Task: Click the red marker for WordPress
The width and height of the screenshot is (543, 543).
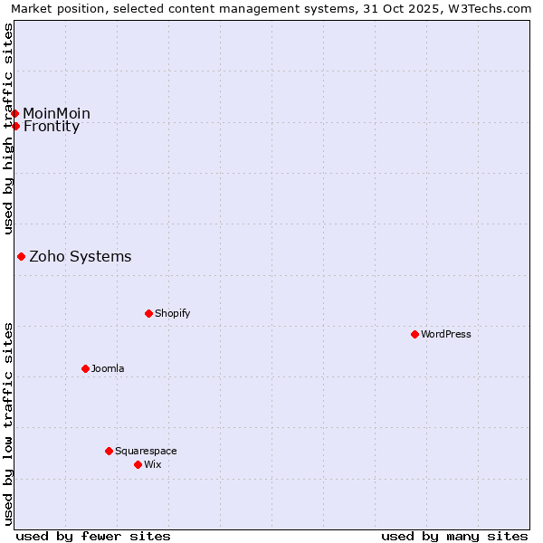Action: [x=414, y=334]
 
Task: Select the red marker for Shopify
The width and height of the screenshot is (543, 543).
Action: [x=148, y=313]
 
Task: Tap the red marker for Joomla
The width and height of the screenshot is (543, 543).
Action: [x=85, y=368]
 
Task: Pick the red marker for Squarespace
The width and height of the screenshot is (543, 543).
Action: [x=109, y=451]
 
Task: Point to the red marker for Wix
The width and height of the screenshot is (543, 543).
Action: [x=138, y=464]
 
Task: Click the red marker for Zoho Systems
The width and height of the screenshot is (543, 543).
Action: [x=21, y=257]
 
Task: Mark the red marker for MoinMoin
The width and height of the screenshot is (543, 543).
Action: [x=15, y=113]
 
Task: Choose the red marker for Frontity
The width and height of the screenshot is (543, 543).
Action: [x=15, y=126]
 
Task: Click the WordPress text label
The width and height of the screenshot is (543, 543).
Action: [x=446, y=335]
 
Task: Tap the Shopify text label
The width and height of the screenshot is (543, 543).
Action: [x=173, y=314]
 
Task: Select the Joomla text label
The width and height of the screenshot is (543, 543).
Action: [x=108, y=369]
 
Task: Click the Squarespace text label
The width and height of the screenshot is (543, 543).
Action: [x=146, y=452]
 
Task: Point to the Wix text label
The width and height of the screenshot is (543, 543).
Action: [x=152, y=465]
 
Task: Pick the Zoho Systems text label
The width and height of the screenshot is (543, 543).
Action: [x=81, y=257]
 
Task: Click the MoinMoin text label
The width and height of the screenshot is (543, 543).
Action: [x=57, y=113]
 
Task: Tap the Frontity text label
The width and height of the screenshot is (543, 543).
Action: [x=52, y=127]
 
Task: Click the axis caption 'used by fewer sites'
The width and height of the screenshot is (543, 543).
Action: [x=93, y=536]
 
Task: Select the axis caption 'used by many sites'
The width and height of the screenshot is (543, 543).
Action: [x=454, y=536]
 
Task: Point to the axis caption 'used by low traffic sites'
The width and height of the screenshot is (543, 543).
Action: [x=9, y=424]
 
